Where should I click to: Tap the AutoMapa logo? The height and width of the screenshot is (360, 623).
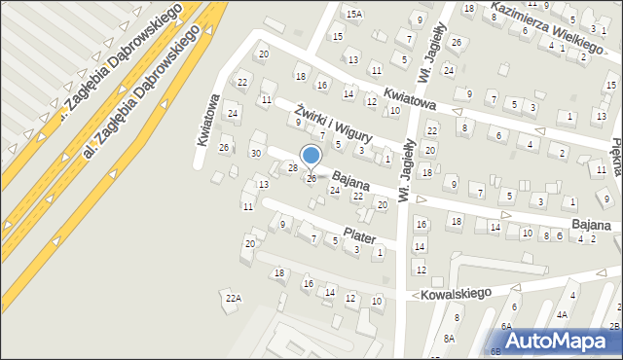(562, 342)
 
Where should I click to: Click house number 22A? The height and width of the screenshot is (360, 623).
(232, 298)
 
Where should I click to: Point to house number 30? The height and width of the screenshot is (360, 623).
(256, 153)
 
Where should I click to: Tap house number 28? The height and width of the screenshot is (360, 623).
(292, 168)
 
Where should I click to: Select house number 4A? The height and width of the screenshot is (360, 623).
(562, 314)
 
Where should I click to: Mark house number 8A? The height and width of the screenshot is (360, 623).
(449, 338)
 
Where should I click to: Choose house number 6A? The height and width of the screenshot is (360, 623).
(506, 326)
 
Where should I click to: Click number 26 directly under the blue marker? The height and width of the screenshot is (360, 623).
(311, 179)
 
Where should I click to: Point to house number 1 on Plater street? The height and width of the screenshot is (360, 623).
(379, 252)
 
